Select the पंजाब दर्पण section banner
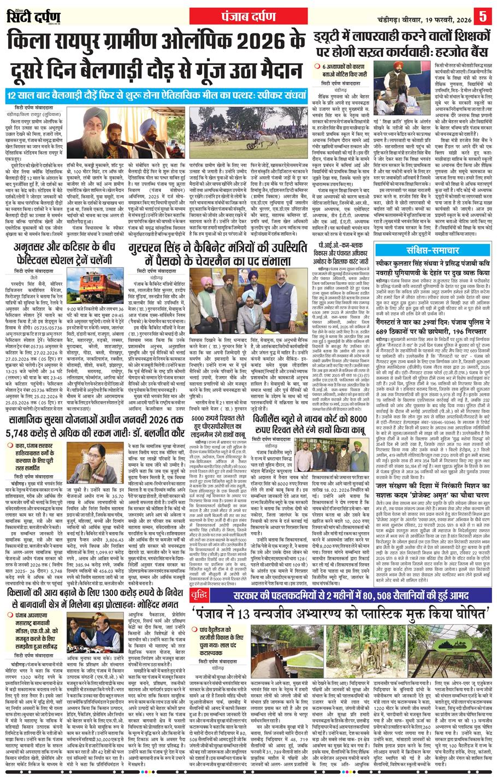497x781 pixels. click(248, 15)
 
